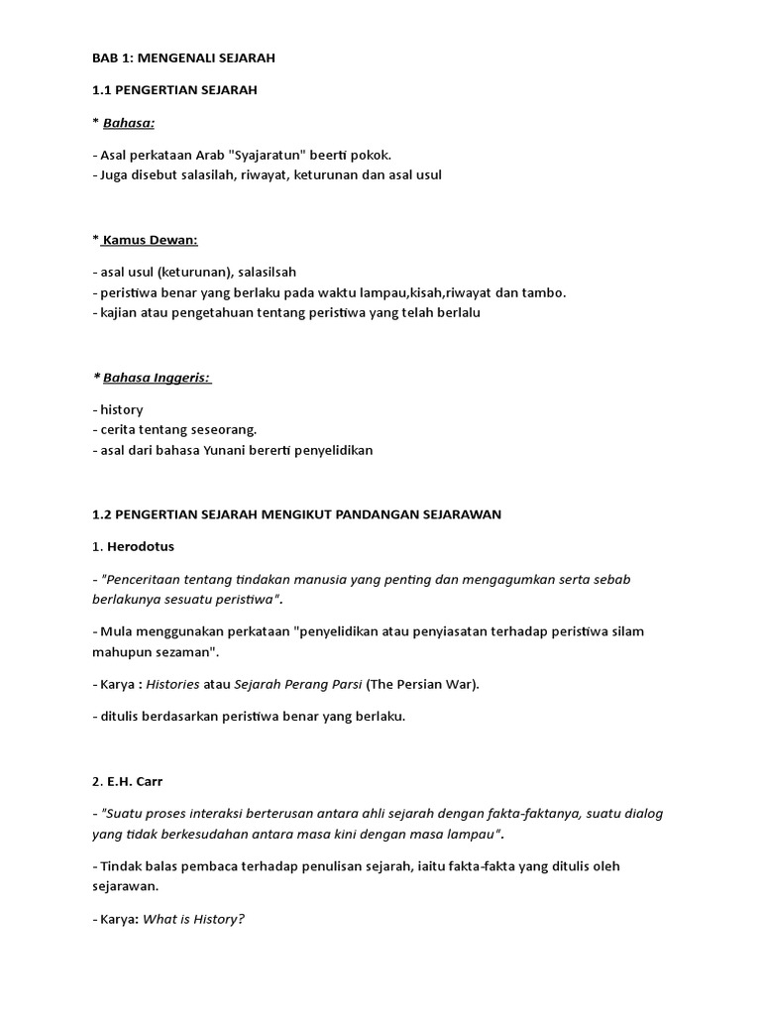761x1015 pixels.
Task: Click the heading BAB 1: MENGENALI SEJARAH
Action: (183, 58)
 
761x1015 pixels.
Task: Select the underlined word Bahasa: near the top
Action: (129, 122)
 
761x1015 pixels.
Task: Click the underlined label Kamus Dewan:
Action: (151, 240)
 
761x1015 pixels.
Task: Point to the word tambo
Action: (544, 292)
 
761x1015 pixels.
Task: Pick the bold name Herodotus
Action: (146, 546)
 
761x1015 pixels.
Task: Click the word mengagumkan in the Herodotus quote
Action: (527, 579)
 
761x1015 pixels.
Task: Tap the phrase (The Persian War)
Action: (423, 685)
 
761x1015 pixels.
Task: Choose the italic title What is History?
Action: (193, 919)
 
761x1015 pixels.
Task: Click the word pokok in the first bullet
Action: (371, 156)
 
